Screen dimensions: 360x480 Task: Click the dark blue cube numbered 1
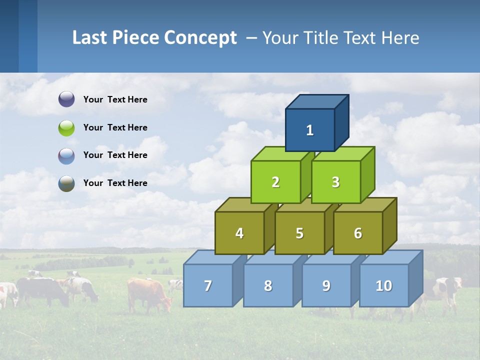point(310,130)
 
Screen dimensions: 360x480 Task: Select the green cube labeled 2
point(275,182)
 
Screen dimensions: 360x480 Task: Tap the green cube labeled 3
point(335,182)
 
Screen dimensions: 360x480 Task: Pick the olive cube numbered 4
point(239,233)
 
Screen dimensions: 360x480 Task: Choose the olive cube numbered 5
point(299,233)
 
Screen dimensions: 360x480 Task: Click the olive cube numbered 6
point(357,233)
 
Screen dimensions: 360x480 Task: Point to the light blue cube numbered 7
point(208,285)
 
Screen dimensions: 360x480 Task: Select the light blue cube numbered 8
point(268,285)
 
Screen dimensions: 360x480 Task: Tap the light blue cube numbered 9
point(326,285)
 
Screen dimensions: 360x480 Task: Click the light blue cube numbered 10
point(383,285)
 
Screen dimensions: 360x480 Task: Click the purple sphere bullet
point(66,99)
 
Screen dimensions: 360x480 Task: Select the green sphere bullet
point(66,127)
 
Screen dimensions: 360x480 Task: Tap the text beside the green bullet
point(115,127)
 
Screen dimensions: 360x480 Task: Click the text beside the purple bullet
point(115,99)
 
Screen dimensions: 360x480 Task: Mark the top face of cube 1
point(316,101)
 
